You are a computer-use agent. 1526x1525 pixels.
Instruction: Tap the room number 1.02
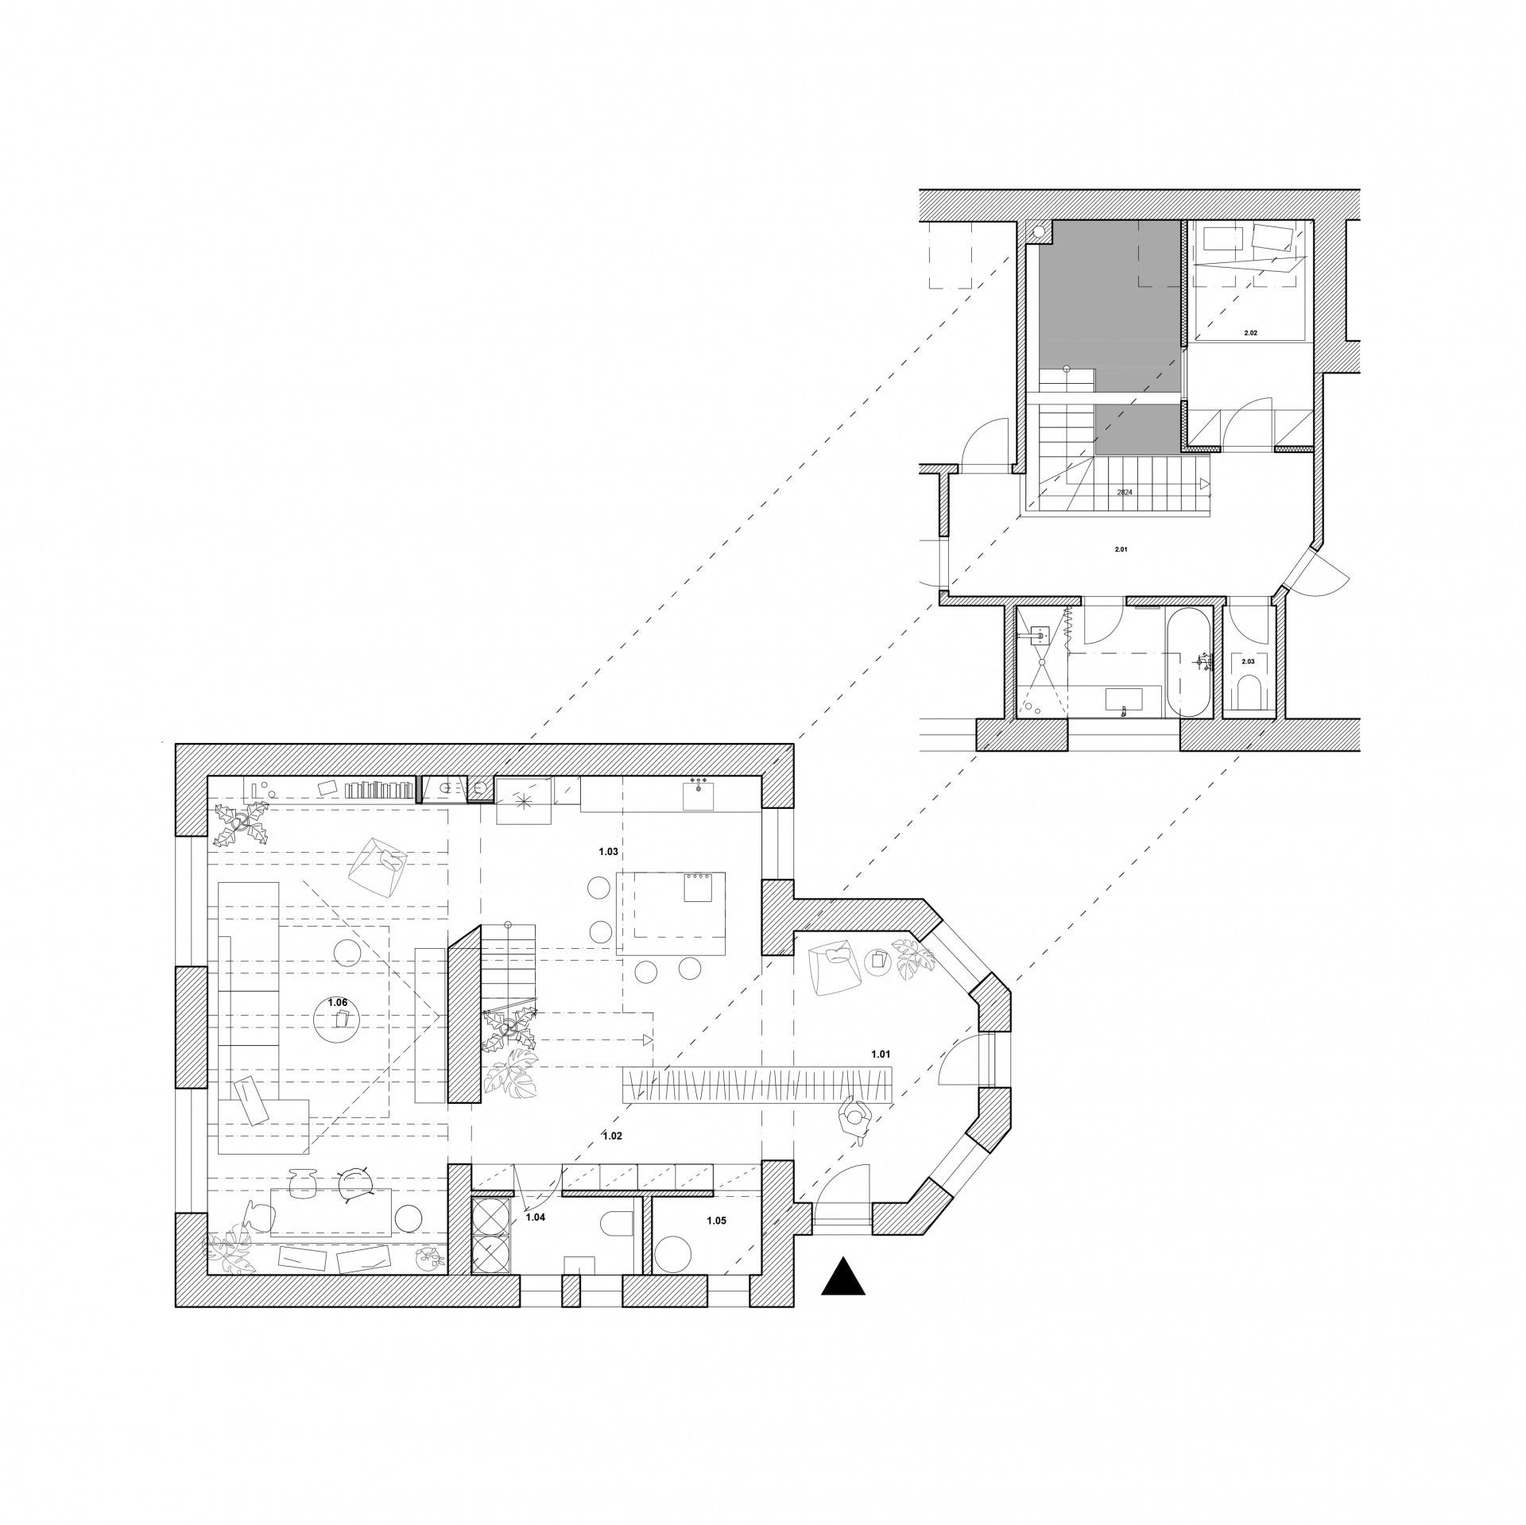coord(612,1136)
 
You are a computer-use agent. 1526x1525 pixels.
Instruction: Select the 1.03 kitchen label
coord(608,852)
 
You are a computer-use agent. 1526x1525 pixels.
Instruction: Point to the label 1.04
coord(536,1237)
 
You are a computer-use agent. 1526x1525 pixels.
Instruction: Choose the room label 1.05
coord(716,1220)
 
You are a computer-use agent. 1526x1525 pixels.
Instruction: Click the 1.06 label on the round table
coord(339,1002)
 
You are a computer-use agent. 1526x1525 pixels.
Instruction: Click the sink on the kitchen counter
coord(699,796)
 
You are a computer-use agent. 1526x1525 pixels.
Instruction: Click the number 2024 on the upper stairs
coord(1124,493)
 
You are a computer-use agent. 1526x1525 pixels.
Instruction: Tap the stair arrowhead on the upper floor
coord(1205,483)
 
